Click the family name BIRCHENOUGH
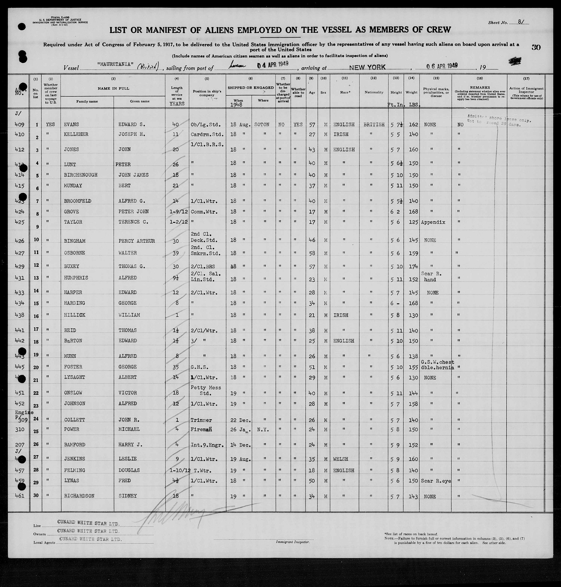[x=80, y=175]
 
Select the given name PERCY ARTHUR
[x=136, y=241]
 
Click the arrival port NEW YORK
[x=367, y=67]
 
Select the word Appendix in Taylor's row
[x=433, y=222]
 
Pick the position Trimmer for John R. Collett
[x=201, y=420]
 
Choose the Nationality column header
[x=374, y=92]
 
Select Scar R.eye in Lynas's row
[x=435, y=481]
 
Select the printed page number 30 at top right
[x=536, y=47]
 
